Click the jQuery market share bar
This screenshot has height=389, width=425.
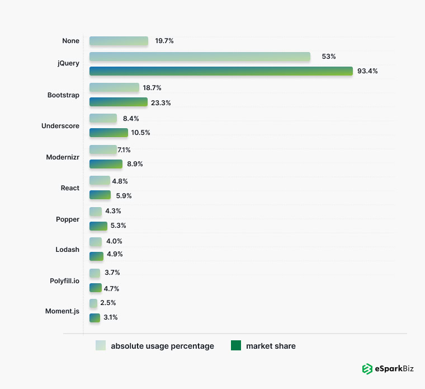point(221,71)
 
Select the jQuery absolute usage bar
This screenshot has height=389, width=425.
point(200,57)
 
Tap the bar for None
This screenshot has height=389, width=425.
point(119,41)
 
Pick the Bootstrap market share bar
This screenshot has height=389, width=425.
point(119,102)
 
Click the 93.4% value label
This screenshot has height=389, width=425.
point(367,71)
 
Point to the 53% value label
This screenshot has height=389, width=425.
point(328,57)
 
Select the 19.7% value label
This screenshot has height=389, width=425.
point(164,41)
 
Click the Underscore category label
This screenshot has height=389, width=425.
point(60,126)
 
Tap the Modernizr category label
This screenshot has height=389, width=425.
point(63,157)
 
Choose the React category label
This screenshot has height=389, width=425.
point(70,188)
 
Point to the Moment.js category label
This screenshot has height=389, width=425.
point(62,311)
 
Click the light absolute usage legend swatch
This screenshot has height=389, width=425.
point(101,346)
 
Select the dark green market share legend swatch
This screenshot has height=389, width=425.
point(236,346)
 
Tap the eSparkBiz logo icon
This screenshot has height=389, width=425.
point(367,369)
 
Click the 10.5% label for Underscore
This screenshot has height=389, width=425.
point(141,133)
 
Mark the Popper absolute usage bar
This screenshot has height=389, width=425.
point(96,212)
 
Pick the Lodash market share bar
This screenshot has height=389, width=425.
point(96,256)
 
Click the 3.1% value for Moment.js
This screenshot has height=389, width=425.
point(110,317)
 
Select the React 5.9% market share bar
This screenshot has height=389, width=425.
point(100,195)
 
